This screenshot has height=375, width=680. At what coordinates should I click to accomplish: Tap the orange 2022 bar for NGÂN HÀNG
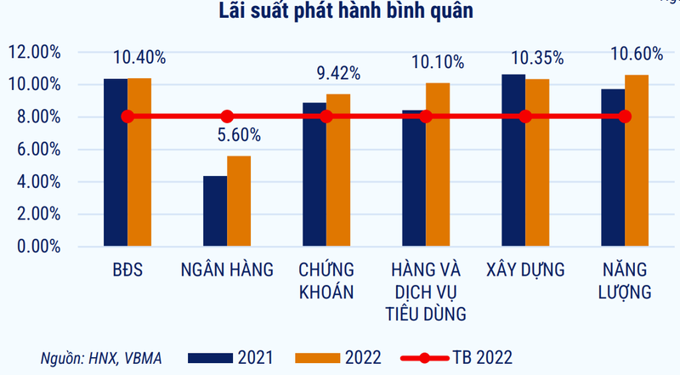click(x=239, y=201)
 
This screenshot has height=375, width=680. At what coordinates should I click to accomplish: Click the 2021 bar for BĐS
click(x=116, y=162)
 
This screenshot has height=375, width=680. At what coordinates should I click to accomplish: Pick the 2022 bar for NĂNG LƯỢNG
click(x=637, y=161)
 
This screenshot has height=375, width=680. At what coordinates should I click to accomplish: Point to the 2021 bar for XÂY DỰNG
click(x=513, y=160)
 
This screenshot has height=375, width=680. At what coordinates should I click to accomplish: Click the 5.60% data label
click(x=240, y=134)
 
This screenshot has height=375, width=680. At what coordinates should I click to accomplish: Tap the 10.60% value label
click(x=637, y=54)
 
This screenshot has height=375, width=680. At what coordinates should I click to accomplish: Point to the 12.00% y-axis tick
click(x=34, y=52)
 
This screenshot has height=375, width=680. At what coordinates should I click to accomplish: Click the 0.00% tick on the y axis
click(x=37, y=247)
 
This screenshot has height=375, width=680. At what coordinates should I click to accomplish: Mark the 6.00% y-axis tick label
click(x=37, y=150)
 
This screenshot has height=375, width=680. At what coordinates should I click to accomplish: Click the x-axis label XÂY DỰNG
click(x=525, y=271)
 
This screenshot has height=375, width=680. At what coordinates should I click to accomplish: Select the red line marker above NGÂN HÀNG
click(x=227, y=116)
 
